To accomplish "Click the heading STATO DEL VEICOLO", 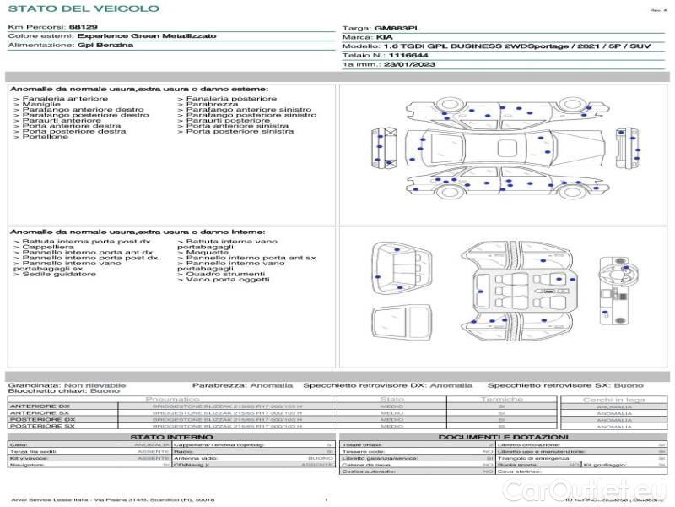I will pyautogui.click(x=83, y=8).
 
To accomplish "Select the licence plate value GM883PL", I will pyautogui.click(x=396, y=28).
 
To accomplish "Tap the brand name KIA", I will pyautogui.click(x=384, y=38).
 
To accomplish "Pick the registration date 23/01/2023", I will pyautogui.click(x=411, y=64).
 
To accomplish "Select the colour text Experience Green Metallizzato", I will pyautogui.click(x=146, y=36).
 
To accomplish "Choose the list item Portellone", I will pyautogui.click(x=46, y=137).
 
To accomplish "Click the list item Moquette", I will pyautogui.click(x=207, y=253).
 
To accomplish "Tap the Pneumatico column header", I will pyautogui.click(x=173, y=399).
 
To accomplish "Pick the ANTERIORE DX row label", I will pyautogui.click(x=40, y=406).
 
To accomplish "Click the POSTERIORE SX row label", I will pyautogui.click(x=41, y=426).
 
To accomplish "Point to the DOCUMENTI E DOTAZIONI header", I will pyautogui.click(x=501, y=437).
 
